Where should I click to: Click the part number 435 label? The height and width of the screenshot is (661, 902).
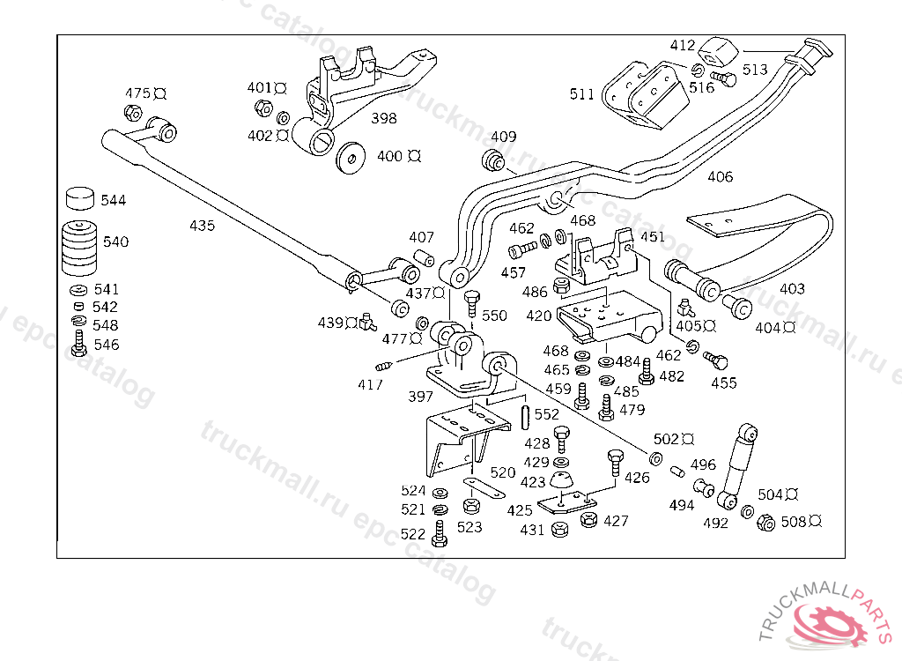click(202, 226)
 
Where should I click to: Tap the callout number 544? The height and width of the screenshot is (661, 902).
click(113, 200)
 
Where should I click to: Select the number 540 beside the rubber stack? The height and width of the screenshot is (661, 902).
click(115, 241)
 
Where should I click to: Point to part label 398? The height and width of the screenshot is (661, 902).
click(383, 118)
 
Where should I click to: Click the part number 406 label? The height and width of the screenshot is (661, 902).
click(720, 177)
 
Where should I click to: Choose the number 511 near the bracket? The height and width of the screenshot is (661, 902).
click(581, 94)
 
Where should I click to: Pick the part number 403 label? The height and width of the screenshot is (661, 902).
click(792, 288)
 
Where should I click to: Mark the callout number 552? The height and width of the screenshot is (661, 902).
click(546, 414)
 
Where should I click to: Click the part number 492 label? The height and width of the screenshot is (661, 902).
click(716, 523)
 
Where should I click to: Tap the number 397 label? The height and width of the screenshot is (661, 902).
click(420, 397)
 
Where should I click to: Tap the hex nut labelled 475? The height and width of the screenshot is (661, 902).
click(133, 112)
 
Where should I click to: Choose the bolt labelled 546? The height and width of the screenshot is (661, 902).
click(79, 345)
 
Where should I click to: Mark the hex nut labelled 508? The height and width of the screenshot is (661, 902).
click(765, 522)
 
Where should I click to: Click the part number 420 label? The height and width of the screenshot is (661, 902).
click(539, 316)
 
